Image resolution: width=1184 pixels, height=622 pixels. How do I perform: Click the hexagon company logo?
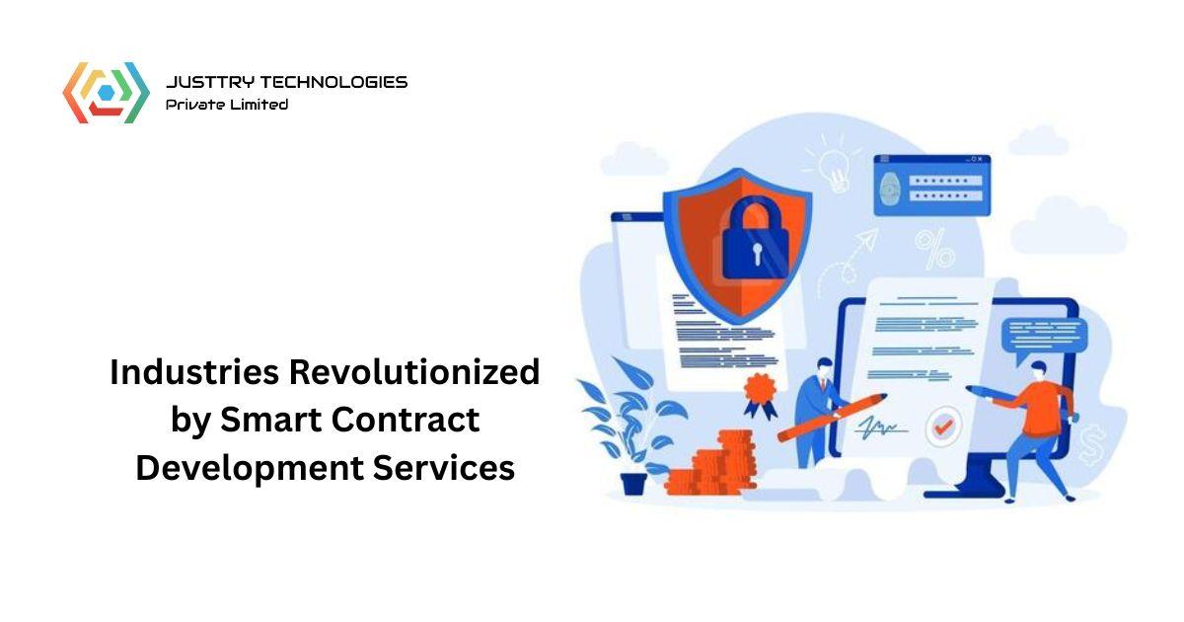pyautogui.click(x=106, y=93)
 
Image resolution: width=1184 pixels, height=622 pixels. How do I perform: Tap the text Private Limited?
pyautogui.click(x=227, y=104)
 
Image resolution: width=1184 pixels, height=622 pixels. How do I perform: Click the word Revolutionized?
pyautogui.click(x=414, y=372)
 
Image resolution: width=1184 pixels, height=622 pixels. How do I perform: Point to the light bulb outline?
pyautogui.click(x=835, y=163)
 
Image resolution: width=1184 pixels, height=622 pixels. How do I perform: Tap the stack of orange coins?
pyautogui.click(x=715, y=464)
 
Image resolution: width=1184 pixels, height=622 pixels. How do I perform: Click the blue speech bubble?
pyautogui.click(x=1042, y=336)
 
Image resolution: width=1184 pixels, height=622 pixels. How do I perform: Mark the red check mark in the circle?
pyautogui.click(x=943, y=428)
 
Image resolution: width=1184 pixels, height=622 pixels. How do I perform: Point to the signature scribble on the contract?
pyautogui.click(x=882, y=428)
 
